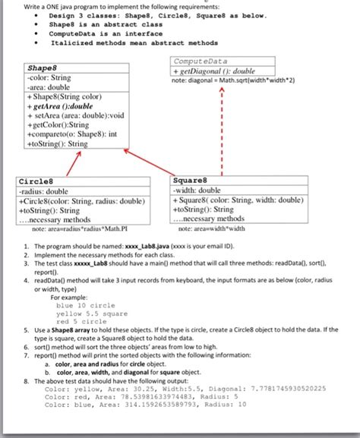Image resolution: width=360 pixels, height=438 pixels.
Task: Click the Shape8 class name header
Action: (42, 67)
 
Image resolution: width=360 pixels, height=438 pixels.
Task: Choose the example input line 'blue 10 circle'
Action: (92, 305)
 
